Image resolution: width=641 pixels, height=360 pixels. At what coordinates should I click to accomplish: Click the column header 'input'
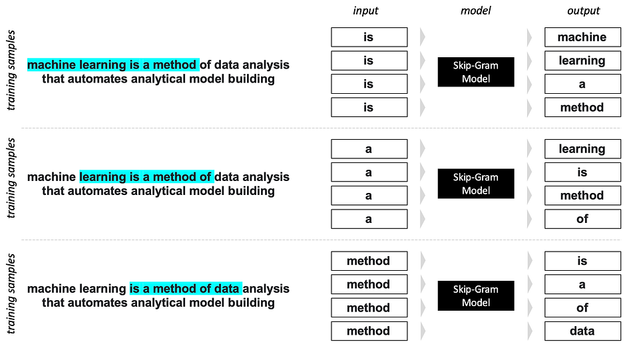365,11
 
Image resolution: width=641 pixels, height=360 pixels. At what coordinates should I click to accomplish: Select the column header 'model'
475,11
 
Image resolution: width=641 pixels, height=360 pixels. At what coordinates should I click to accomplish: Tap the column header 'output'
583,11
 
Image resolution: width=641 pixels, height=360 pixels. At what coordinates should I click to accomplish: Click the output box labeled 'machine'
582,37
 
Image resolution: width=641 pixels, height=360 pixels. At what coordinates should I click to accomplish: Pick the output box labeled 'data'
582,331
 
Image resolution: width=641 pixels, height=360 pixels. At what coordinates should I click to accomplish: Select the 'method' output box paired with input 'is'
582,108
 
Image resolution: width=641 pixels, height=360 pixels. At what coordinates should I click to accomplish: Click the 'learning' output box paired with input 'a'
582,149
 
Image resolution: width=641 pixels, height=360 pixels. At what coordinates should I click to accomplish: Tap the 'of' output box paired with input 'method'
582,307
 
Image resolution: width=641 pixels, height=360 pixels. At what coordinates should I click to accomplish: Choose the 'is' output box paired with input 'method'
582,261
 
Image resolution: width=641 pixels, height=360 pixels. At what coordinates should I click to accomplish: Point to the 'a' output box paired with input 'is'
582,84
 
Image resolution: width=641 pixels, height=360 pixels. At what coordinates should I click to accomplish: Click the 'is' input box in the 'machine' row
369,37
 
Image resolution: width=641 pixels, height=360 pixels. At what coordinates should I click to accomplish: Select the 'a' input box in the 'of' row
369,219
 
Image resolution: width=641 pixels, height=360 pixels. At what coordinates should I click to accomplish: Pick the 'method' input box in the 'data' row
369,331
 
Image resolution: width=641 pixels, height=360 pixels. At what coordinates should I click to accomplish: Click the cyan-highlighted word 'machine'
51,65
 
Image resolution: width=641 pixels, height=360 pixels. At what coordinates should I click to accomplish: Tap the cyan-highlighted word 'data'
226,289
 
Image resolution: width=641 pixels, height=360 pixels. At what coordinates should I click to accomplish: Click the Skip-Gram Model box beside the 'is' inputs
476,72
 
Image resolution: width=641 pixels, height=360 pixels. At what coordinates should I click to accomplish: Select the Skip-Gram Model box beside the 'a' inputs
476,184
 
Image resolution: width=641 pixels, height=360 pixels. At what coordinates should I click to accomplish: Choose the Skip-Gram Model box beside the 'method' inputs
476,296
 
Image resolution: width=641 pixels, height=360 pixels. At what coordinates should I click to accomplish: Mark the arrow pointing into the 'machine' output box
530,37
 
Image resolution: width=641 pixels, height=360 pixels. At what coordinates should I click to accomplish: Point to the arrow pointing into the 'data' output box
530,331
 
